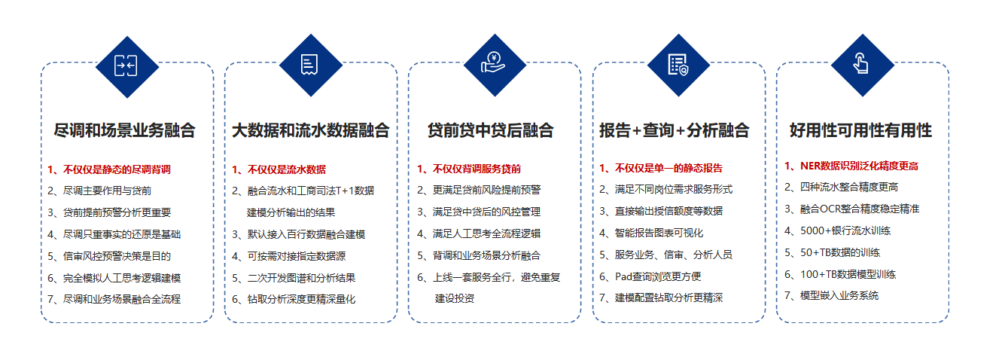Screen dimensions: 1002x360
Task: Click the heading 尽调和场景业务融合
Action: click(x=124, y=130)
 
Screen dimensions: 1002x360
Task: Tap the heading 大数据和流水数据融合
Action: click(x=310, y=130)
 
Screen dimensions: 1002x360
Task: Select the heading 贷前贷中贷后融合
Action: click(x=491, y=130)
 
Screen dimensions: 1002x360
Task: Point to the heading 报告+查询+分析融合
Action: click(x=674, y=130)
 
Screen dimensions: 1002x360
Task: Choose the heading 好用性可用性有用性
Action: click(x=860, y=130)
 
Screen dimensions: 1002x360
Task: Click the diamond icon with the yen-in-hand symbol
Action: click(x=495, y=66)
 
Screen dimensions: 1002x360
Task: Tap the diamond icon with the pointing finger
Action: click(x=863, y=66)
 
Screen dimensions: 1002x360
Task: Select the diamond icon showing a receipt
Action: click(x=311, y=66)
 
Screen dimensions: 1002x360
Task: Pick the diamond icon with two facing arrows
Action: click(x=127, y=67)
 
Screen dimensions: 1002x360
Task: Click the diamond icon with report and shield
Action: click(x=678, y=66)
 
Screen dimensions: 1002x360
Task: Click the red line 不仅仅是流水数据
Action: click(x=279, y=169)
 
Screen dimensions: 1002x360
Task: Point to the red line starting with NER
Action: click(x=851, y=166)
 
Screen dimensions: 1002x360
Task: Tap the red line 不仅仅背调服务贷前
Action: click(x=469, y=169)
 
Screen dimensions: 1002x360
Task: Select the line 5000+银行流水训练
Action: click(x=837, y=230)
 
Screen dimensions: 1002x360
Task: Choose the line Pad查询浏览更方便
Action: click(x=650, y=276)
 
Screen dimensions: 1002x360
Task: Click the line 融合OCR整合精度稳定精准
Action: click(x=851, y=209)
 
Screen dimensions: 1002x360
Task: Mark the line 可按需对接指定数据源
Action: click(x=288, y=256)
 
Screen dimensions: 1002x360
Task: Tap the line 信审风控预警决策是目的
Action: click(x=109, y=256)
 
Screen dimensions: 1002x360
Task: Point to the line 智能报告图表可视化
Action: click(x=651, y=233)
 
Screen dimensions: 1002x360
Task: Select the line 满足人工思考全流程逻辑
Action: click(x=479, y=233)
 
